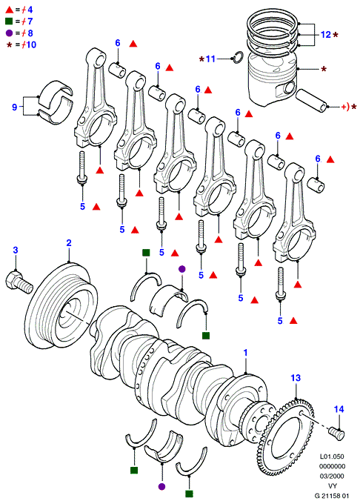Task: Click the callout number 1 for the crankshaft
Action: (245, 353)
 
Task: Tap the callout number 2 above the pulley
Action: (69, 243)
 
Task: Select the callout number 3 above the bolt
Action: (16, 250)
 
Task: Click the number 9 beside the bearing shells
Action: (14, 107)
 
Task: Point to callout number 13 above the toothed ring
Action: (296, 378)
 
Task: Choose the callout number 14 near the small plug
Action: (339, 409)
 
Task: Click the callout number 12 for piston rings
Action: (325, 35)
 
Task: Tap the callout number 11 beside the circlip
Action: (210, 59)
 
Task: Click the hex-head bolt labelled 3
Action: (19, 282)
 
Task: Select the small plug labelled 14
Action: (337, 434)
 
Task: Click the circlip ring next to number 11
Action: (238, 57)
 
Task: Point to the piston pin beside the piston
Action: (311, 101)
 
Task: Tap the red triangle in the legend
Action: (10, 10)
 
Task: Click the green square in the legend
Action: (9, 21)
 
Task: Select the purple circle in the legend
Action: (10, 33)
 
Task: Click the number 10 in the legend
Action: (31, 44)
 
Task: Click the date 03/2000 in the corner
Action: (332, 476)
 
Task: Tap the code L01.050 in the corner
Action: (332, 457)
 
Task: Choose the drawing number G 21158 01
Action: (332, 496)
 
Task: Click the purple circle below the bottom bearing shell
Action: (162, 487)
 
